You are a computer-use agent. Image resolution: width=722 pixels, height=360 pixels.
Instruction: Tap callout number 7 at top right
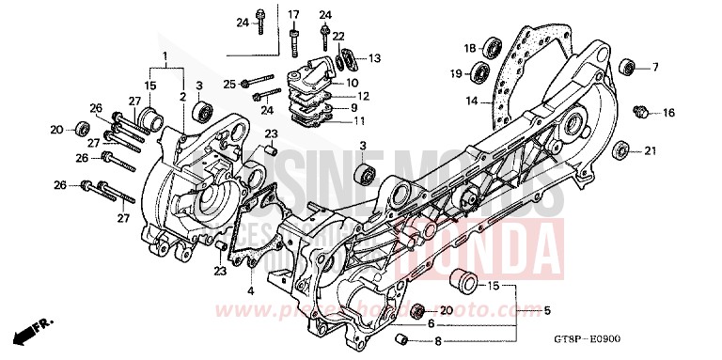[656, 67]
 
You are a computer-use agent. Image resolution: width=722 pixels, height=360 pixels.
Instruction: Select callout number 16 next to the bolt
[668, 113]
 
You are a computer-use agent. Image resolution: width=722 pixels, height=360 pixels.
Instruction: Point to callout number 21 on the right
[650, 150]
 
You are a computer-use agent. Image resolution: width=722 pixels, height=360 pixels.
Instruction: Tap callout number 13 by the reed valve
[374, 58]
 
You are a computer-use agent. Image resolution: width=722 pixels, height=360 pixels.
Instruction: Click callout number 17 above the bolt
[292, 14]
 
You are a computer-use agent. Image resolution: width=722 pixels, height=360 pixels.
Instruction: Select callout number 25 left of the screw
[229, 85]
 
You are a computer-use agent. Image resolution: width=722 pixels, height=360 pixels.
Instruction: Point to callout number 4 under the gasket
[251, 290]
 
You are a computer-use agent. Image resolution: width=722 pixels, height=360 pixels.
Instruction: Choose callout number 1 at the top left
[165, 56]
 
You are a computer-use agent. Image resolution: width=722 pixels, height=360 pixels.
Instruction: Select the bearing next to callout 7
[626, 67]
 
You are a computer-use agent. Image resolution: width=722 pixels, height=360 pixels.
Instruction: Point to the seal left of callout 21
[620, 150]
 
